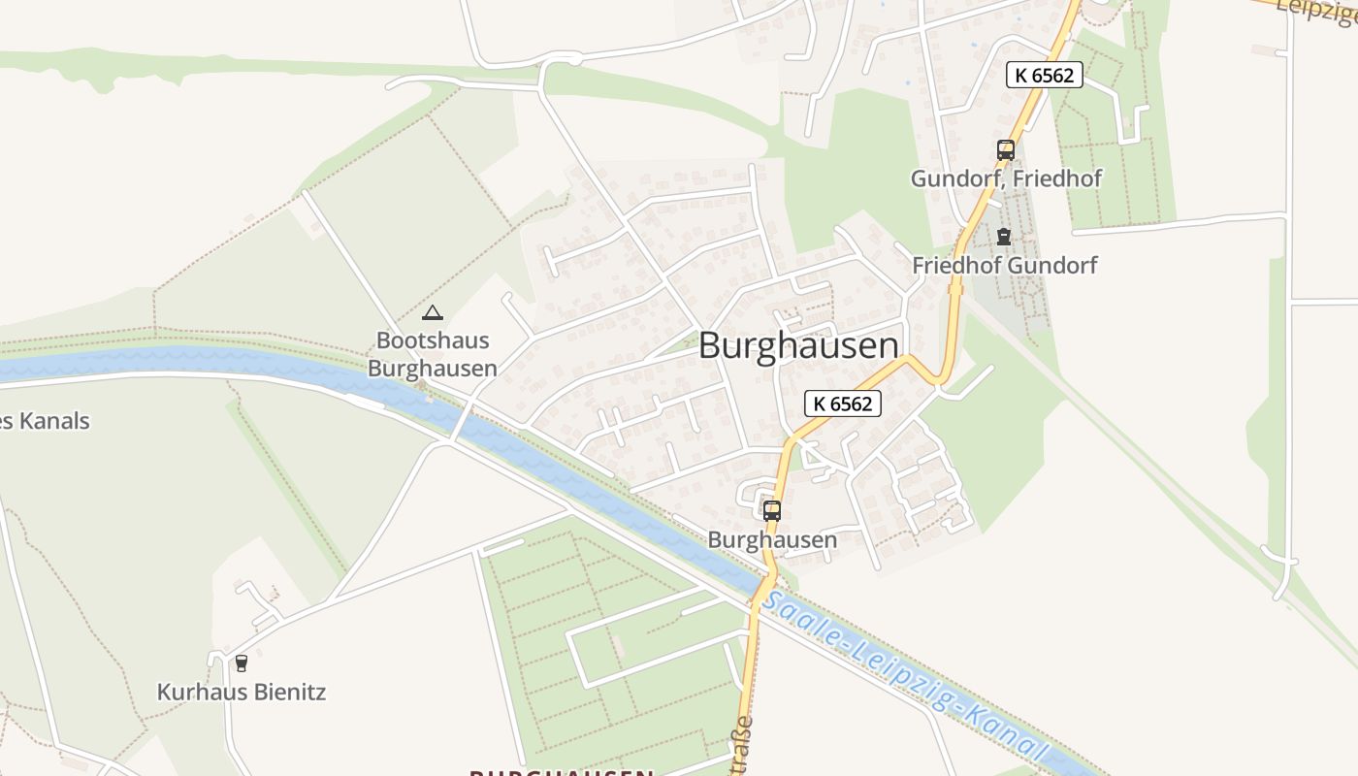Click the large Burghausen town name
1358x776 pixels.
[797, 346]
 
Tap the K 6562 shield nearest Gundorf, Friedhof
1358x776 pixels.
[1044, 75]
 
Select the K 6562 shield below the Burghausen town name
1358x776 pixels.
[842, 404]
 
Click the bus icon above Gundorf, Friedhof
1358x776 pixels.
[1005, 150]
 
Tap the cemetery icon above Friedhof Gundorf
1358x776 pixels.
[1003, 236]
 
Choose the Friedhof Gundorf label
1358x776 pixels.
[1004, 265]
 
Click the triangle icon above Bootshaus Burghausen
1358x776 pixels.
[433, 312]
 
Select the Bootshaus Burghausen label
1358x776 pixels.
[433, 355]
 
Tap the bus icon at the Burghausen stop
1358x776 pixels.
[772, 510]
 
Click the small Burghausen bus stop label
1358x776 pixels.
[772, 539]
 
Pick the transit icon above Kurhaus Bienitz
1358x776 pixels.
[241, 663]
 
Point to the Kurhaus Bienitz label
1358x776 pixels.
[242, 693]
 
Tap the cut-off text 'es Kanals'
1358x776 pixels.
[45, 421]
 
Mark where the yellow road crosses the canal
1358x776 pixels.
[763, 586]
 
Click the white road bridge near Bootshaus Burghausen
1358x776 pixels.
[463, 419]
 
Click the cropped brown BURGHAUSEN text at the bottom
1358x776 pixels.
[561, 772]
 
